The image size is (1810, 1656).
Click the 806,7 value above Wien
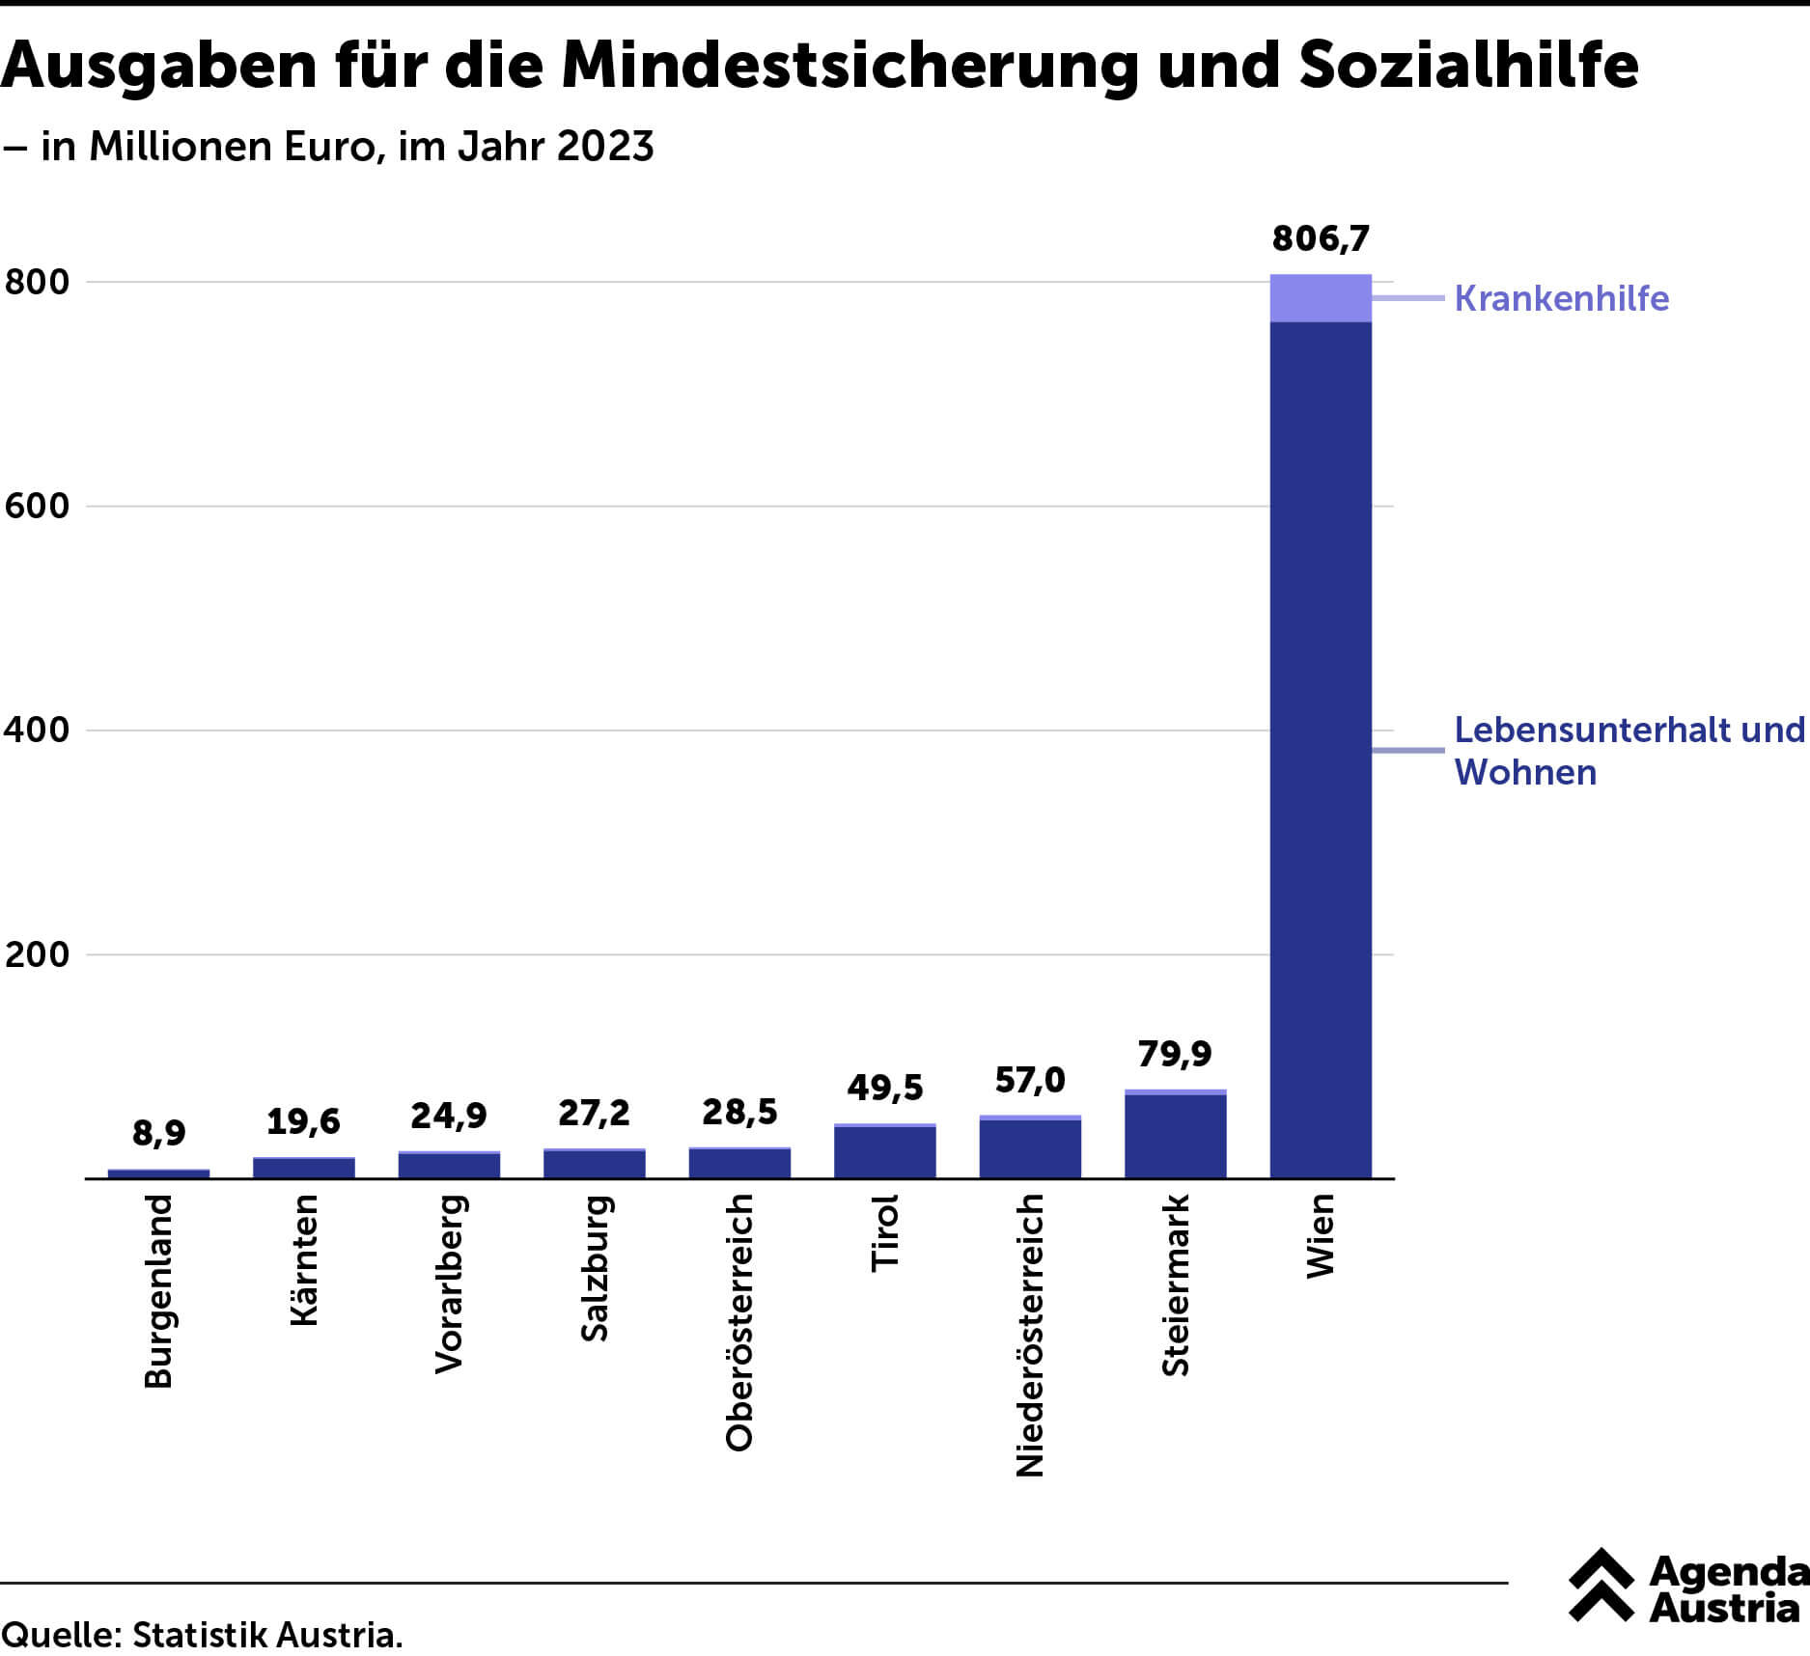(1320, 238)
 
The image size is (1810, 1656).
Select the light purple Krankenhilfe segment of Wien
(1320, 298)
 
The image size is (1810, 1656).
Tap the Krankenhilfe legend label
(1561, 298)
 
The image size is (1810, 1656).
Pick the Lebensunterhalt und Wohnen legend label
(1629, 751)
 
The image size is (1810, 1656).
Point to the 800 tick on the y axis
(38, 282)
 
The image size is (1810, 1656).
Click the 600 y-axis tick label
(38, 506)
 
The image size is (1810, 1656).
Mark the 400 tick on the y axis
(38, 730)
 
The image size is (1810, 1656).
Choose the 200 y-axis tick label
(38, 954)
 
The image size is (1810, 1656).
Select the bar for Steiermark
(1175, 1136)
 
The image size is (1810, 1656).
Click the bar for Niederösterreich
(1030, 1148)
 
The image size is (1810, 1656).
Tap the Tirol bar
(884, 1152)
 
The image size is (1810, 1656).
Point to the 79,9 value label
(1174, 1053)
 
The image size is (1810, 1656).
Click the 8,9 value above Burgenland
(158, 1132)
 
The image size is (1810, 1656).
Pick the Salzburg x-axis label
(595, 1268)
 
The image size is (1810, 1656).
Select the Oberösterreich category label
(739, 1322)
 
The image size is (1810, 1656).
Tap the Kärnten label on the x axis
(304, 1259)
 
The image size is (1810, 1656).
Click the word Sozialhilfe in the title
(1468, 66)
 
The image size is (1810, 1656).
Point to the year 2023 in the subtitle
(605, 147)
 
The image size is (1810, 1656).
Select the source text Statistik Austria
(267, 1635)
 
